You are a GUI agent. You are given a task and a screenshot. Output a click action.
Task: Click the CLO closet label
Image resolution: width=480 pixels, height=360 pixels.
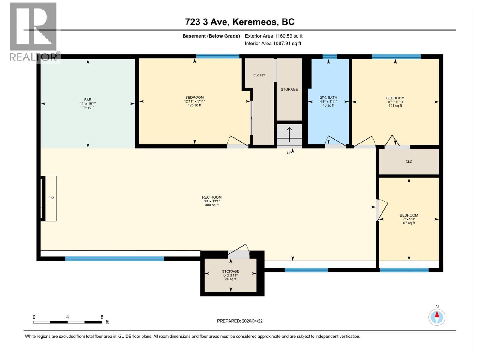(x=409, y=161)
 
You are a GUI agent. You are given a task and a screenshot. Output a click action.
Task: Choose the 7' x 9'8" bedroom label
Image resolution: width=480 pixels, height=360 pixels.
(x=409, y=219)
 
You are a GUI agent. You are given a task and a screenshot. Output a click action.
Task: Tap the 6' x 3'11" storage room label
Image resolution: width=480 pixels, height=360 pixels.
(x=230, y=275)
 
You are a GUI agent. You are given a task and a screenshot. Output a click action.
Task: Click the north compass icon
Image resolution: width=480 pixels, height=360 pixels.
(x=437, y=316)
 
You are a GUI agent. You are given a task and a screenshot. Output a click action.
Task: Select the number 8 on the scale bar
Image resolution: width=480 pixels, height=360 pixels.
(x=102, y=317)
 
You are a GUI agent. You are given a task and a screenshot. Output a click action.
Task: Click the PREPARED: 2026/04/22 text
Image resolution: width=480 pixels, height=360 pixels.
(x=240, y=321)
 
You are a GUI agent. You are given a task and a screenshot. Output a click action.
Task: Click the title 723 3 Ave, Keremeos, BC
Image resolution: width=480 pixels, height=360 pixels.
(x=240, y=22)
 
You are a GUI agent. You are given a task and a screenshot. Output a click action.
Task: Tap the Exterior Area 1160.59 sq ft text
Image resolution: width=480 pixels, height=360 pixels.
(x=273, y=36)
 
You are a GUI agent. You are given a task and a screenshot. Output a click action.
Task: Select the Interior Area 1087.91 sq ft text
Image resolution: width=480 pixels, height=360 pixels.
(x=273, y=43)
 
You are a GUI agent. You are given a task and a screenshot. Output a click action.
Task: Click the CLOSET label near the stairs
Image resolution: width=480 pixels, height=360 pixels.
(x=259, y=76)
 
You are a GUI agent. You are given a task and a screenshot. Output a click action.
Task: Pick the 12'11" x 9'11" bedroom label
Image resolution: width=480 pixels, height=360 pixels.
(x=194, y=101)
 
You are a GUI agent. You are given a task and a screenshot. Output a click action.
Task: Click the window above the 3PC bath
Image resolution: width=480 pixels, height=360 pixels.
(x=329, y=56)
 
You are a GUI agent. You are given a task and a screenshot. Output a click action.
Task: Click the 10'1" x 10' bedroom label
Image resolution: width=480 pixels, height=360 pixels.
(x=395, y=102)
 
